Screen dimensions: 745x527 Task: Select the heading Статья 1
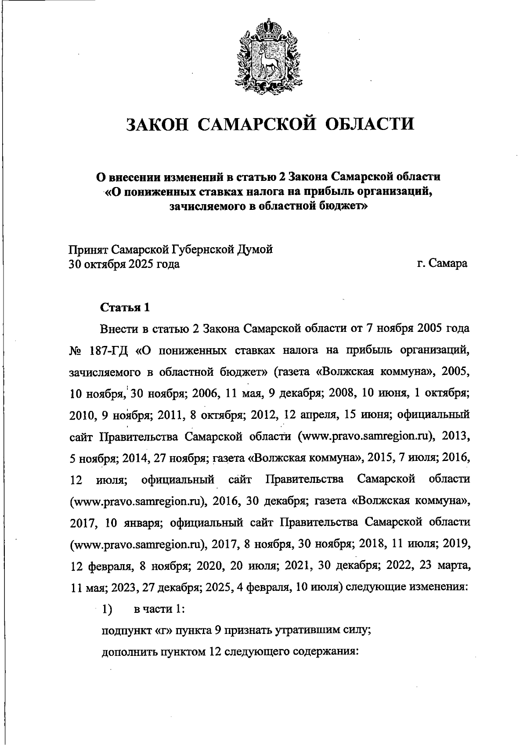pyautogui.click(x=125, y=307)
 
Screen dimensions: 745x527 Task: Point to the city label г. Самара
pyautogui.click(x=442, y=264)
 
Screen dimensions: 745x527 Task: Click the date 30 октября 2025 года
pyautogui.click(x=124, y=264)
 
